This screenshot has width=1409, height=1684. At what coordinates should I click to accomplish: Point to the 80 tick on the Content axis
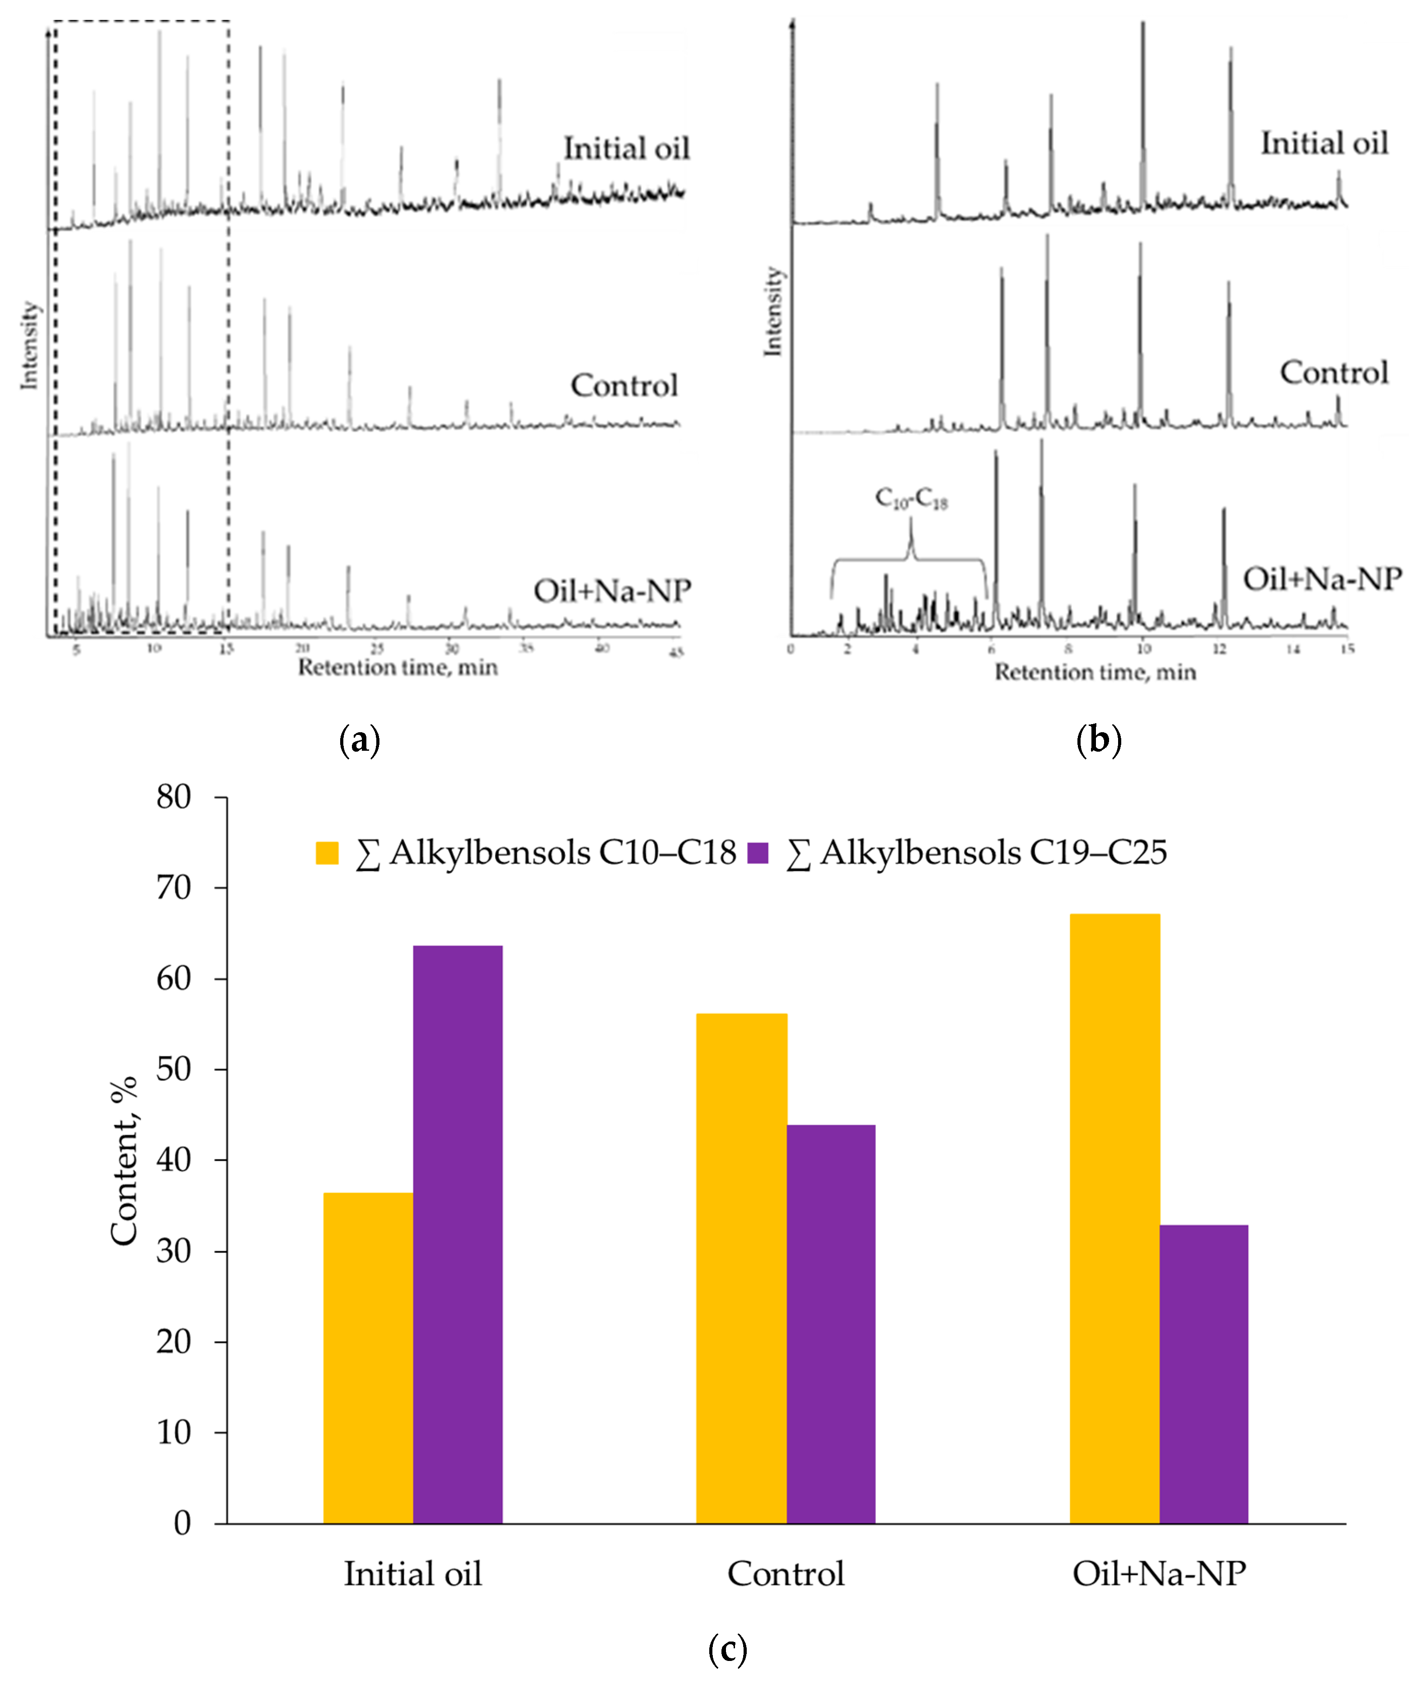[174, 798]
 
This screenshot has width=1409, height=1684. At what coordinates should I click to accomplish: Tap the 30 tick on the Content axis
[174, 1252]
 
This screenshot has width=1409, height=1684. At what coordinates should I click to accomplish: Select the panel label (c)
[727, 1650]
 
